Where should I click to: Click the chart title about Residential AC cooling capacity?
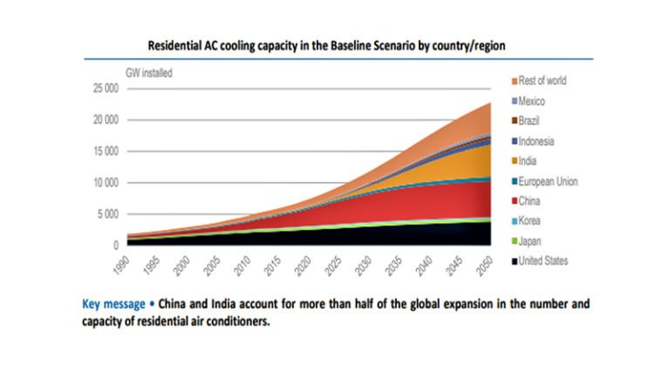[x=334, y=44]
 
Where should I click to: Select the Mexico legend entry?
[x=532, y=101]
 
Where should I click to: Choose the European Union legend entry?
[x=547, y=181]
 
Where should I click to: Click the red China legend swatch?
[x=514, y=201]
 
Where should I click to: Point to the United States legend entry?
[x=543, y=260]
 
